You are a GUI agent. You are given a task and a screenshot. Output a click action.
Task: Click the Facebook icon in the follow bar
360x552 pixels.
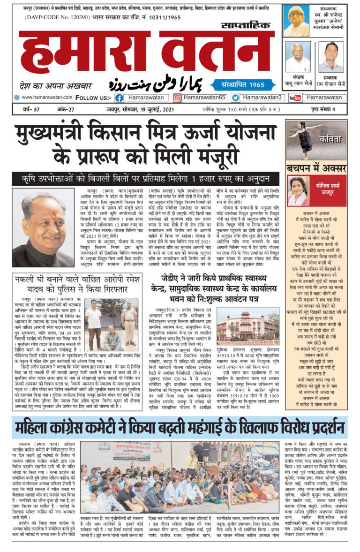[119, 98]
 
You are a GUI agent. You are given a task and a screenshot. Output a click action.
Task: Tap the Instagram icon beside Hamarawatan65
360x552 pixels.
[178, 98]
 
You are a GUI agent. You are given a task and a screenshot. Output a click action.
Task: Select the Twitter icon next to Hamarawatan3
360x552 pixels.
[235, 98]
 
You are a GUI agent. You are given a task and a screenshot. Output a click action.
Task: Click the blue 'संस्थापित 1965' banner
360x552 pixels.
[240, 84]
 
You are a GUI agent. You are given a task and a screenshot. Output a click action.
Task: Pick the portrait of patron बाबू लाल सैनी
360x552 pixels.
[298, 57]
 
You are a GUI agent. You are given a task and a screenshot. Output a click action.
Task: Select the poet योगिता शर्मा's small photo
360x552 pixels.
[299, 191]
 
